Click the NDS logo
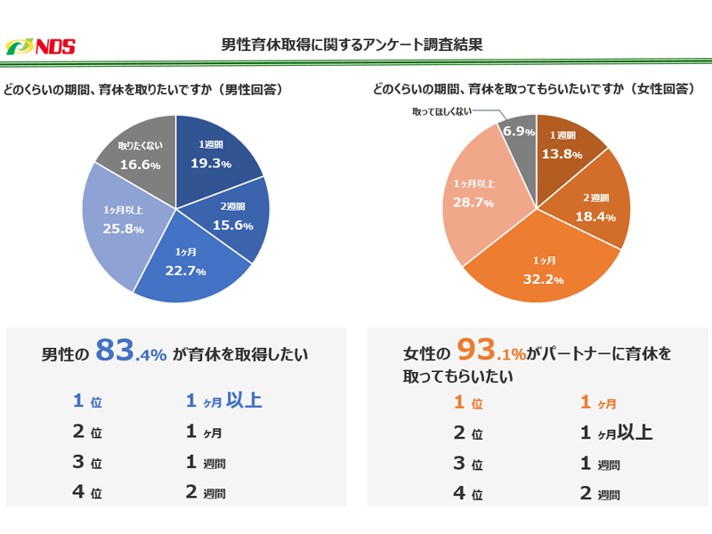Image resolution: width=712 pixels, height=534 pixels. point(40,46)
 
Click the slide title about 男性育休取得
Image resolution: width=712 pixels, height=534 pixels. point(352,44)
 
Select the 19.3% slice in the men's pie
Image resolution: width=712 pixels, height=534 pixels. point(214,155)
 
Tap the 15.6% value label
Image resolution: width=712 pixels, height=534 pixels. point(233,225)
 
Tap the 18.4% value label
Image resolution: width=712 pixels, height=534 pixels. point(594,217)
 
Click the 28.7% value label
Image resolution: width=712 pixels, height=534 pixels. point(473,203)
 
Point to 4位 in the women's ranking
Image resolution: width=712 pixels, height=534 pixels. point(468,494)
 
